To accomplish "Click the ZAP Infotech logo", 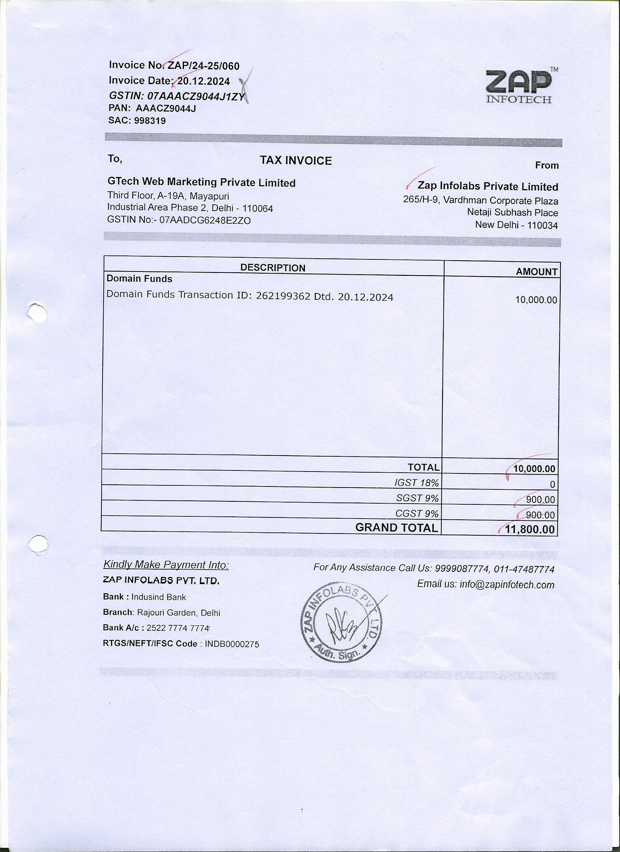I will pyautogui.click(x=519, y=87).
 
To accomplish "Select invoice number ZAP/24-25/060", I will pyautogui.click(x=204, y=66).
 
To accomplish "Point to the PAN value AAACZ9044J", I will pyautogui.click(x=166, y=109).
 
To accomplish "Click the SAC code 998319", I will pyautogui.click(x=150, y=121).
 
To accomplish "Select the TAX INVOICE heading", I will pyautogui.click(x=296, y=161).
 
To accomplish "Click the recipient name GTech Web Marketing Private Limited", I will pyautogui.click(x=202, y=183).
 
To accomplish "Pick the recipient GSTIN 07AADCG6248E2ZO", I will pyautogui.click(x=205, y=220).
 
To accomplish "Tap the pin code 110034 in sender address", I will pyautogui.click(x=543, y=226).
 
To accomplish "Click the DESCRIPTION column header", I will pyautogui.click(x=273, y=268).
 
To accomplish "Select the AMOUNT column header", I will pyautogui.click(x=536, y=271).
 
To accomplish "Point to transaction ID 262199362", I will pyautogui.click(x=283, y=296).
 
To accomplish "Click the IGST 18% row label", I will pyautogui.click(x=416, y=483).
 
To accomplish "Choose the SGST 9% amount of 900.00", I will pyautogui.click(x=540, y=500).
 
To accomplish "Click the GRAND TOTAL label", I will pyautogui.click(x=397, y=528).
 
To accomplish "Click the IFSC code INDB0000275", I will pyautogui.click(x=232, y=644).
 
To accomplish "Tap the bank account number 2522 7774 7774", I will pyautogui.click(x=178, y=628).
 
